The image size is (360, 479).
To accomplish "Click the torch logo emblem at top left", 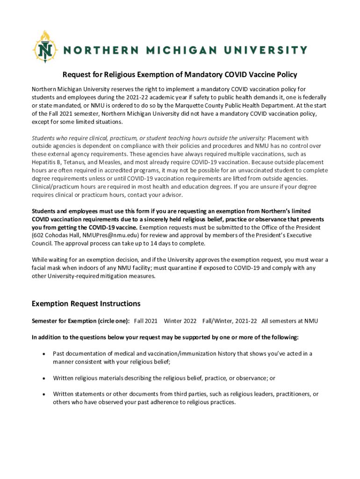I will (x=45, y=47).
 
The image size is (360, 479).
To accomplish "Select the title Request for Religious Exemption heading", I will (x=180, y=75).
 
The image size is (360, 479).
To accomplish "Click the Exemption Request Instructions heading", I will (x=86, y=304).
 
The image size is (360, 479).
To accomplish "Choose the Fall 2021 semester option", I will (x=145, y=321).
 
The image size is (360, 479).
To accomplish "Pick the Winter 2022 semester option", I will (x=180, y=321).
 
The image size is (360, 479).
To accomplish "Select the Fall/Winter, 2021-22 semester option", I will (x=230, y=321).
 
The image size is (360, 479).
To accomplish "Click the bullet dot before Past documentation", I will (x=43, y=354).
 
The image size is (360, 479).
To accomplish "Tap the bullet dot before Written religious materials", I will (x=43, y=378).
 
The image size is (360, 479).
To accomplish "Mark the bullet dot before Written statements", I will (x=43, y=394).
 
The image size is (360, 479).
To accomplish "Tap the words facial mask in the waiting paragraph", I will (x=48, y=268).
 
